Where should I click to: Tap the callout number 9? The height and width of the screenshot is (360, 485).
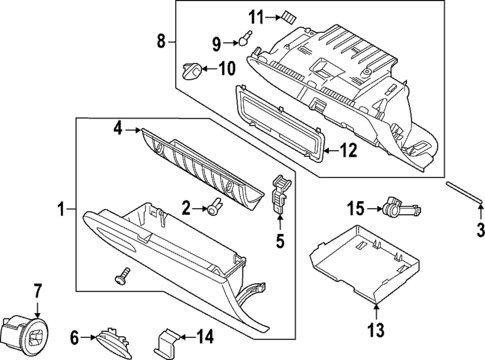(x=215, y=43)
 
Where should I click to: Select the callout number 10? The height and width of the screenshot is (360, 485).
(x=226, y=69)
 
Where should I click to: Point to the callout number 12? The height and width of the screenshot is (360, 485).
(x=347, y=152)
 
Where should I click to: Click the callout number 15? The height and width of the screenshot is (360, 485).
(x=355, y=208)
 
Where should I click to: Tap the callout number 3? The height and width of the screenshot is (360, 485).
(x=478, y=231)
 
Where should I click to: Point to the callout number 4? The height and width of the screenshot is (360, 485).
(x=117, y=128)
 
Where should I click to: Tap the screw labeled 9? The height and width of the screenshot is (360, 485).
(x=242, y=40)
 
